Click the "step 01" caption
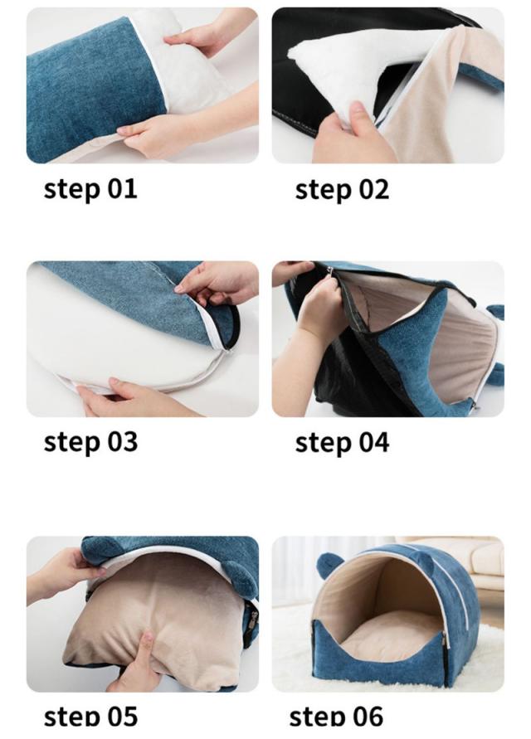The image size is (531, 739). pos(90,189)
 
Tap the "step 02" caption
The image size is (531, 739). pos(342,189)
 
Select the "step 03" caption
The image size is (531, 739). pos(90,442)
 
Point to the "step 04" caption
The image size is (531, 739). pos(342,443)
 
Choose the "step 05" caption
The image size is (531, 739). pos(90,717)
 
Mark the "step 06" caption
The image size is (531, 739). pos(336,717)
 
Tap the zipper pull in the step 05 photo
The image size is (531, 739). pos(254,620)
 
